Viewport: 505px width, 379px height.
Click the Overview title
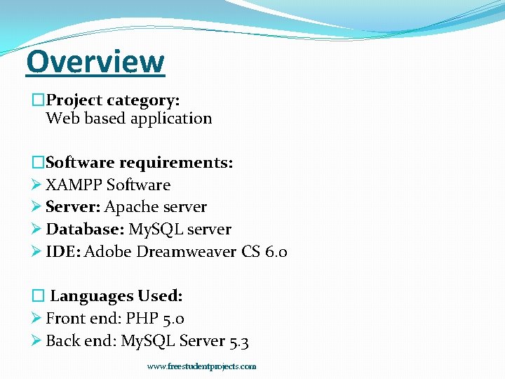(x=95, y=62)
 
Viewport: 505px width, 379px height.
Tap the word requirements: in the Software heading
(x=176, y=163)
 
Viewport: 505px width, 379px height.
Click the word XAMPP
(x=74, y=185)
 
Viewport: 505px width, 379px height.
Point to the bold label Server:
(x=73, y=207)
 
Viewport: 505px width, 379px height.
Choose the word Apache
(x=131, y=207)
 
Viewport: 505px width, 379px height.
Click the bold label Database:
(x=85, y=230)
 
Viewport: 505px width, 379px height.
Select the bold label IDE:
(x=62, y=252)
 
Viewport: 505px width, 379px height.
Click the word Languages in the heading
(x=91, y=296)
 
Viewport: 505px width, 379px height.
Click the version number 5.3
(x=238, y=342)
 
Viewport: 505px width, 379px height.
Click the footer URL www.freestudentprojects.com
(x=201, y=366)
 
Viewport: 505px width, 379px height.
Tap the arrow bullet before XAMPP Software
(x=37, y=185)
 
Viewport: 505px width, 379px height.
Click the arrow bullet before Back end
(x=37, y=342)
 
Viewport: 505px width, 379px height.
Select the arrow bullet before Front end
(x=37, y=319)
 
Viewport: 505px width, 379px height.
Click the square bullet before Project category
(x=39, y=101)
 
